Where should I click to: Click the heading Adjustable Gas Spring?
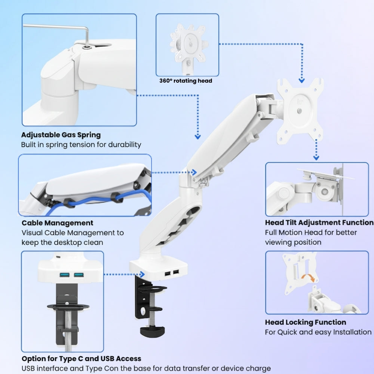[61, 135]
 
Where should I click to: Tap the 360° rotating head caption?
[186, 81]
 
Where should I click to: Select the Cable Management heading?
[57, 223]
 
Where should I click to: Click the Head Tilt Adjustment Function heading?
[319, 223]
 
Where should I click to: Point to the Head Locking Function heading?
[306, 322]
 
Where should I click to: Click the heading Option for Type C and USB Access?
[81, 359]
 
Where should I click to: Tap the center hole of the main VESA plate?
[299, 111]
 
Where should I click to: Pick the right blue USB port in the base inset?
[79, 275]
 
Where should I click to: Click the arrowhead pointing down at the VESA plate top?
[301, 80]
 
